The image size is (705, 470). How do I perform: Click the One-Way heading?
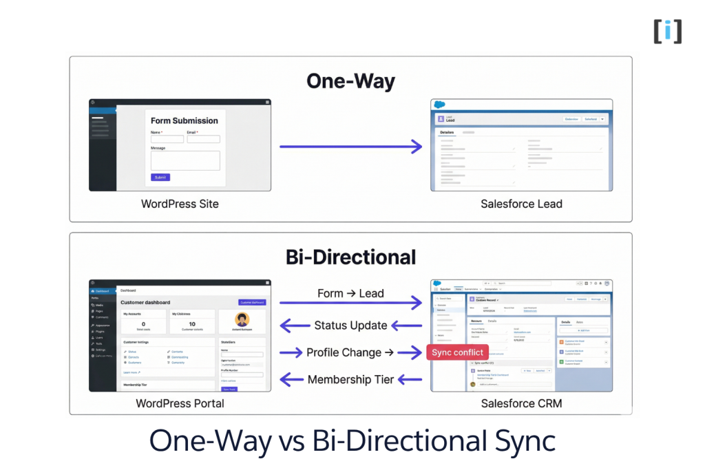[350, 81]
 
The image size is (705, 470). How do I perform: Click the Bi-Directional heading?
[350, 257]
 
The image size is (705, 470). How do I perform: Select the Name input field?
[167, 139]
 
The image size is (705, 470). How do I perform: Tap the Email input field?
[203, 139]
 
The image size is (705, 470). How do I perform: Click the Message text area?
[185, 160]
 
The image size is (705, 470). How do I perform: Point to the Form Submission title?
[185, 120]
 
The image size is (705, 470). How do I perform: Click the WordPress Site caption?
[180, 204]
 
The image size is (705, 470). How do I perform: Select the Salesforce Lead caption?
[521, 204]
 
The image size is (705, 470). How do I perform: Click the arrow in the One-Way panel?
[350, 146]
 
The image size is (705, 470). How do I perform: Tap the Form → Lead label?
[350, 294]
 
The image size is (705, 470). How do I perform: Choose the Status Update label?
[350, 325]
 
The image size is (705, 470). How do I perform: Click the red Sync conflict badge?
[457, 352]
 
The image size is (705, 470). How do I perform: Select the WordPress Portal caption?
[180, 403]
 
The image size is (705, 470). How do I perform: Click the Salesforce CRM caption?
[521, 403]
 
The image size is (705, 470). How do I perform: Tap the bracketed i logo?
[667, 31]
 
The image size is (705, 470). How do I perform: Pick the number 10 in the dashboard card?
[192, 324]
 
